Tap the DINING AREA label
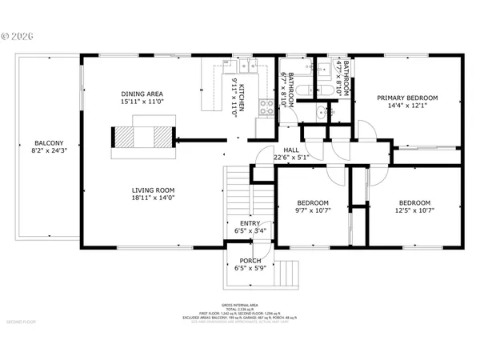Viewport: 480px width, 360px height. click(x=142, y=93)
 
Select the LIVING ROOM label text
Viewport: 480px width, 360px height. click(x=153, y=190)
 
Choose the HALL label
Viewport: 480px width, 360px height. click(x=291, y=150)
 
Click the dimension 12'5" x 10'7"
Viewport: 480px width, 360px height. click(x=414, y=211)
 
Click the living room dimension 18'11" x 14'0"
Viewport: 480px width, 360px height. click(x=153, y=198)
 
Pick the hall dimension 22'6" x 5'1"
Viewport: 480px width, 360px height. click(x=291, y=158)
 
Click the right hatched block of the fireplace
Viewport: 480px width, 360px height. click(x=162, y=137)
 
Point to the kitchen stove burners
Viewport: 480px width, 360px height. click(x=264, y=126)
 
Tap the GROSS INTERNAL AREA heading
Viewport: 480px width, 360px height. click(x=240, y=306)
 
